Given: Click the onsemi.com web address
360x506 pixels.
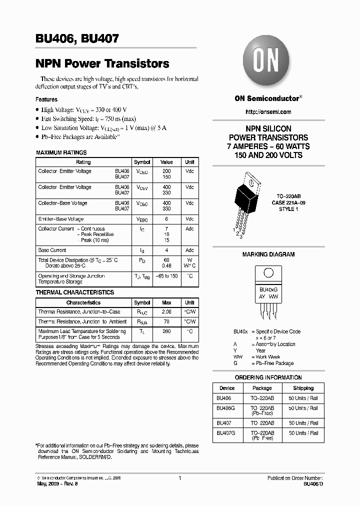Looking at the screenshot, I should pyautogui.click(x=268, y=112).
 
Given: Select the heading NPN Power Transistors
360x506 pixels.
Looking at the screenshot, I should pyautogui.click(x=102, y=64).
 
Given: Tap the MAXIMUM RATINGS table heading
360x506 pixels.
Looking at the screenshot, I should pyautogui.click(x=61, y=152).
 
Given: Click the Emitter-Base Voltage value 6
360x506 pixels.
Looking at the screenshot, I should pyautogui.click(x=166, y=219).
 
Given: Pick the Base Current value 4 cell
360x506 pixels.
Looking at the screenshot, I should pyautogui.click(x=166, y=250).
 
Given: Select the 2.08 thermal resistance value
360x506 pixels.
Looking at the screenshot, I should pyautogui.click(x=166, y=312).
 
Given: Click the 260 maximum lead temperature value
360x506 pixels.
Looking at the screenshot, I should pyautogui.click(x=166, y=331).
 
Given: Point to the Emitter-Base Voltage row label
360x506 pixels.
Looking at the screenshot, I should pyautogui.click(x=61, y=219).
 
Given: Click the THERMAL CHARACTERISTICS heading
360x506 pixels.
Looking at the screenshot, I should pyautogui.click(x=74, y=292).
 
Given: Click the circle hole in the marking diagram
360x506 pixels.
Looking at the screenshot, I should pyautogui.click(x=268, y=273).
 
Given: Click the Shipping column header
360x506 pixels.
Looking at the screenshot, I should pyautogui.click(x=303, y=388).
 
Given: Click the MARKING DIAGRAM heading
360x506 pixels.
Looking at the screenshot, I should pyautogui.click(x=268, y=254).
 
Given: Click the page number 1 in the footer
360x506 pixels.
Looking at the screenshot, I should pyautogui.click(x=179, y=478).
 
